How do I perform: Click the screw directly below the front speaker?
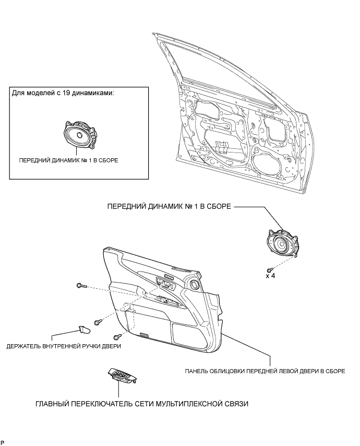coord(269,268)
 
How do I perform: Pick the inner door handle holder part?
coord(83,329)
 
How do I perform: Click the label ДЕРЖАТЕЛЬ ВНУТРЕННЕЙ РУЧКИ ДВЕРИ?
coord(64,346)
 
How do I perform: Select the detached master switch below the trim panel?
coord(123,375)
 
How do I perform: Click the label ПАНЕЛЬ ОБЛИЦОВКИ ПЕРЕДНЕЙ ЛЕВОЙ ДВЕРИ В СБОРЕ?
coord(265,372)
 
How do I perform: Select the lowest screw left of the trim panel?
coord(117,336)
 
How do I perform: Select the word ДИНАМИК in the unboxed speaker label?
coord(157,207)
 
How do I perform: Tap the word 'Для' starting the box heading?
coord(18,93)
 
